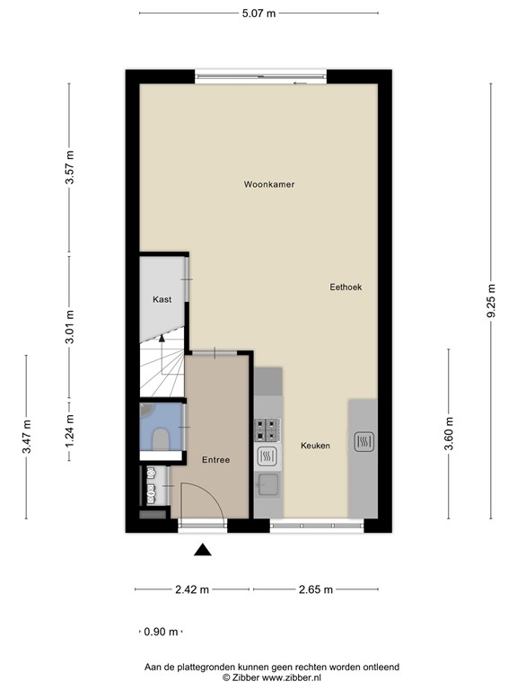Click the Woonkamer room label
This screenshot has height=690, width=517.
[269, 184]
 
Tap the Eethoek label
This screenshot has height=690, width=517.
[346, 287]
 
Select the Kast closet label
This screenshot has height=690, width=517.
[162, 299]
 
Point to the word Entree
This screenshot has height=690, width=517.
[215, 459]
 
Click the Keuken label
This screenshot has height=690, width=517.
[315, 446]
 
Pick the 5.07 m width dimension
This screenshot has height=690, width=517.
[259, 13]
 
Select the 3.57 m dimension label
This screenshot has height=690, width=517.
[70, 167]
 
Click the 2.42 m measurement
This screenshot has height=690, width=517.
[192, 589]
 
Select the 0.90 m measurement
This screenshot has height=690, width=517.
[162, 632]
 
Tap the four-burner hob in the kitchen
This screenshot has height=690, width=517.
[267, 429]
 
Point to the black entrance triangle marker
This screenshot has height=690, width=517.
[204, 551]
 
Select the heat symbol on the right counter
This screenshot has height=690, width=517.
[364, 441]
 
